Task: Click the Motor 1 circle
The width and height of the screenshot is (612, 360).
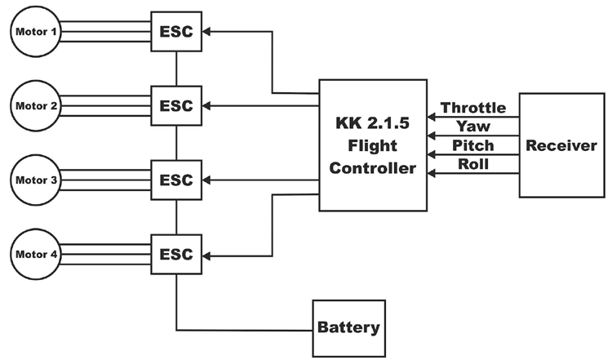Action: tap(33, 33)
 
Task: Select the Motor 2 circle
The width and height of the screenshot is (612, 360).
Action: tap(33, 105)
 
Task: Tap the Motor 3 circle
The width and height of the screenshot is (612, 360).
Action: tap(33, 180)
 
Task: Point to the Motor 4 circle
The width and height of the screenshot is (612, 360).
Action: tap(33, 254)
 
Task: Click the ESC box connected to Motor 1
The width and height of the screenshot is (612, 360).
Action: tap(175, 33)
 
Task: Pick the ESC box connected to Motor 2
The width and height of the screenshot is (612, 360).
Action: tap(175, 106)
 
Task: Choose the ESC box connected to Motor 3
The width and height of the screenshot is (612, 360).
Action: tap(175, 180)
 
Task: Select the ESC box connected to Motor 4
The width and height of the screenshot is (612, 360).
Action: tap(175, 254)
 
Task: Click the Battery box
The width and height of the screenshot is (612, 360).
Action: tap(348, 328)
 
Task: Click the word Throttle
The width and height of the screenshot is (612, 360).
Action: tap(472, 108)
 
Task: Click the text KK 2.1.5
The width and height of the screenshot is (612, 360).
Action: tap(372, 126)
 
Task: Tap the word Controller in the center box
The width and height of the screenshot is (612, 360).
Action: tap(372, 169)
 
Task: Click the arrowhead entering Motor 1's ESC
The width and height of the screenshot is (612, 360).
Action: tap(207, 33)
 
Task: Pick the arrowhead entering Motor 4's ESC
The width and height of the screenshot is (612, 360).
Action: tap(207, 255)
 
